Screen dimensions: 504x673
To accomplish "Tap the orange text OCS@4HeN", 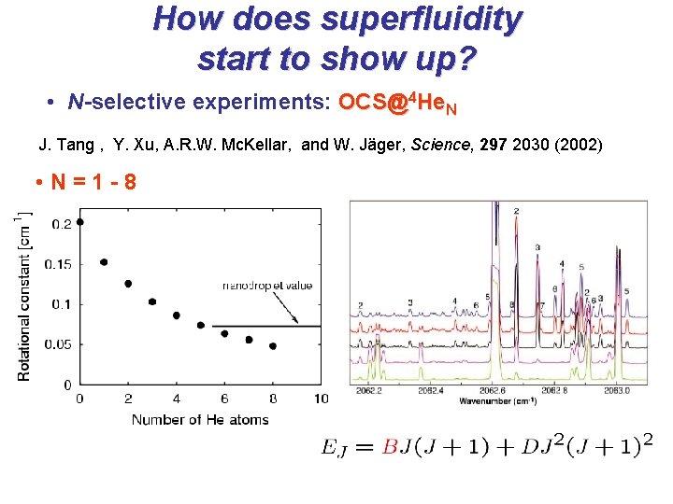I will point(397,103).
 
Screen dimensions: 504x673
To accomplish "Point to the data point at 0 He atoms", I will point(79,221).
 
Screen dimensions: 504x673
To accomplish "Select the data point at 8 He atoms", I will point(272,345).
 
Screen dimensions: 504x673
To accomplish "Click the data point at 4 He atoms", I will point(177,315).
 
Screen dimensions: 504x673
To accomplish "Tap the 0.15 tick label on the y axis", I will point(58,264).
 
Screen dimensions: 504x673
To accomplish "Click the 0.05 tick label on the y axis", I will point(58,344).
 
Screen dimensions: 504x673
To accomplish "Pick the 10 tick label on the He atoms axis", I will point(321,399).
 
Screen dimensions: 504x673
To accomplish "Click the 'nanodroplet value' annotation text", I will point(266,285).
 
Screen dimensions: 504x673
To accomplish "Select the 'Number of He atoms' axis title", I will point(200,420).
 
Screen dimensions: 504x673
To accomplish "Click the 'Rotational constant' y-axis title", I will point(24,299).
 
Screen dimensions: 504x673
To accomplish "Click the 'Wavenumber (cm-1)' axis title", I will point(496,401).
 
